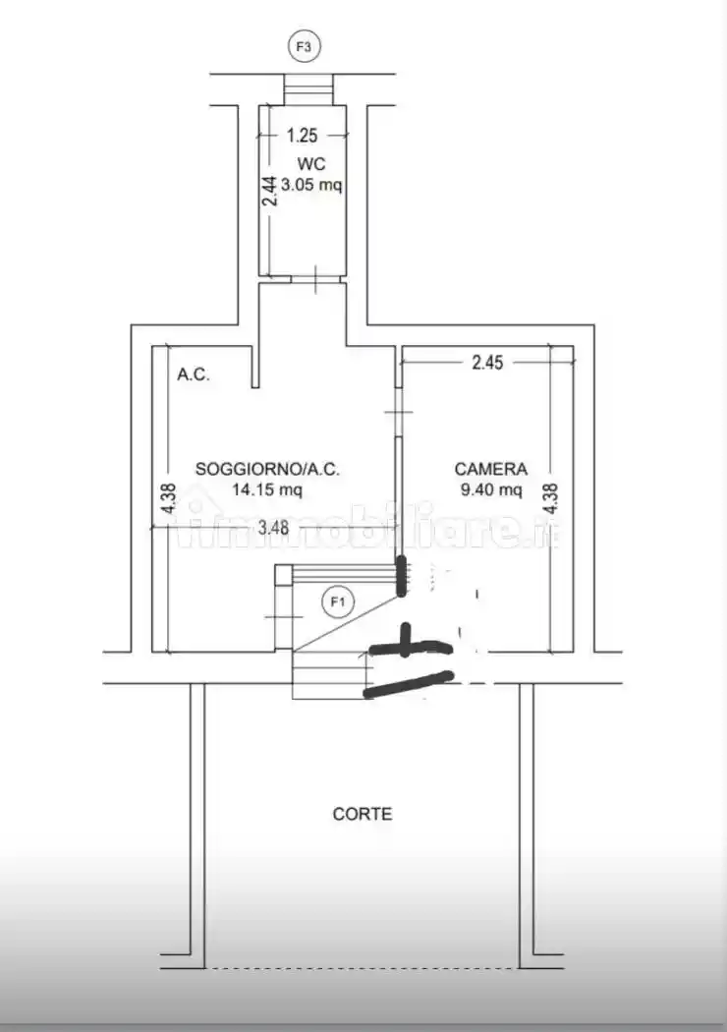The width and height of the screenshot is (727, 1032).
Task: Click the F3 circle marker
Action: click(x=304, y=47)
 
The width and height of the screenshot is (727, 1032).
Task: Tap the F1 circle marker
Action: click(x=338, y=602)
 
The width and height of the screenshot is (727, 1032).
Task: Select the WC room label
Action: click(x=311, y=163)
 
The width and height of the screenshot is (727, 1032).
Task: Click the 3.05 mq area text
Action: click(x=311, y=185)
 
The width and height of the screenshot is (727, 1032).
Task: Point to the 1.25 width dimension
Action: click(x=302, y=136)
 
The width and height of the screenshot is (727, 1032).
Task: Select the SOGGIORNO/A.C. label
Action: click(x=267, y=469)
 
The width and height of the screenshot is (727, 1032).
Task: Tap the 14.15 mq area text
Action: click(x=267, y=489)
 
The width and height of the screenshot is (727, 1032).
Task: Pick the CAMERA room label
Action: click(x=491, y=469)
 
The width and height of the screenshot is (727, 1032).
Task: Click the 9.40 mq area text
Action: click(x=491, y=489)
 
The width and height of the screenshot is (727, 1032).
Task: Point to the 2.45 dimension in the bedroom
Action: click(x=487, y=362)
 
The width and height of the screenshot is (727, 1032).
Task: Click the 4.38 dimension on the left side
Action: click(x=168, y=499)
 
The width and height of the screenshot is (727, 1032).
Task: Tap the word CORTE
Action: click(x=363, y=814)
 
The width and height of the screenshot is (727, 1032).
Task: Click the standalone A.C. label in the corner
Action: click(x=194, y=374)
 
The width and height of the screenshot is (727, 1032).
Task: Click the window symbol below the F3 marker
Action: click(x=308, y=88)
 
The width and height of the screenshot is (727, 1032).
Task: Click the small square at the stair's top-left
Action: click(x=283, y=574)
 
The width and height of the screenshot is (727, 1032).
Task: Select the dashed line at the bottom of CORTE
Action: click(x=362, y=968)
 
